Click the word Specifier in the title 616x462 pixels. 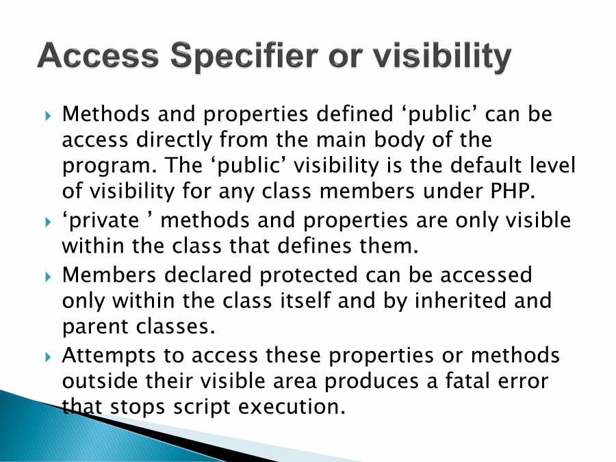click(x=244, y=55)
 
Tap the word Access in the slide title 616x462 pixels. click(x=98, y=55)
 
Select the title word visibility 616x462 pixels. click(x=442, y=55)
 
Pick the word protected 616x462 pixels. click(x=309, y=275)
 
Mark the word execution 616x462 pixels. click(x=292, y=407)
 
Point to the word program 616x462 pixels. click(x=107, y=166)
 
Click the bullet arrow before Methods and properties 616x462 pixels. click(x=48, y=116)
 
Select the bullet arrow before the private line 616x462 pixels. click(x=48, y=222)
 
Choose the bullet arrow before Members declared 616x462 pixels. click(x=48, y=277)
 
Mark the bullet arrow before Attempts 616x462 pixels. click(x=48, y=357)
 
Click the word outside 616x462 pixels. click(x=100, y=381)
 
